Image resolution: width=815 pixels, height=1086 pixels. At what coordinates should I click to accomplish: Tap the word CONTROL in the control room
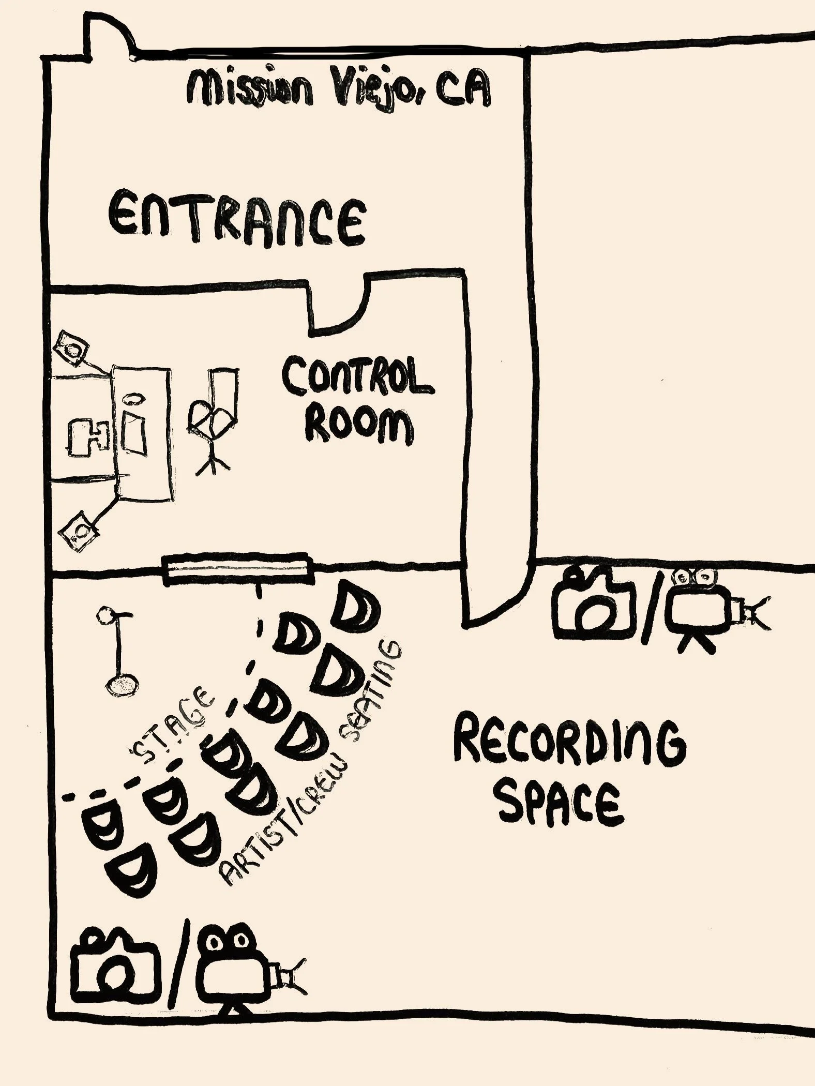click(356, 376)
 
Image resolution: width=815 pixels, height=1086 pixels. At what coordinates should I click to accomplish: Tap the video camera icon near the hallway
click(714, 608)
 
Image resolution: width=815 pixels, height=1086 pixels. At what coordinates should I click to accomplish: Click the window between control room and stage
click(238, 569)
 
